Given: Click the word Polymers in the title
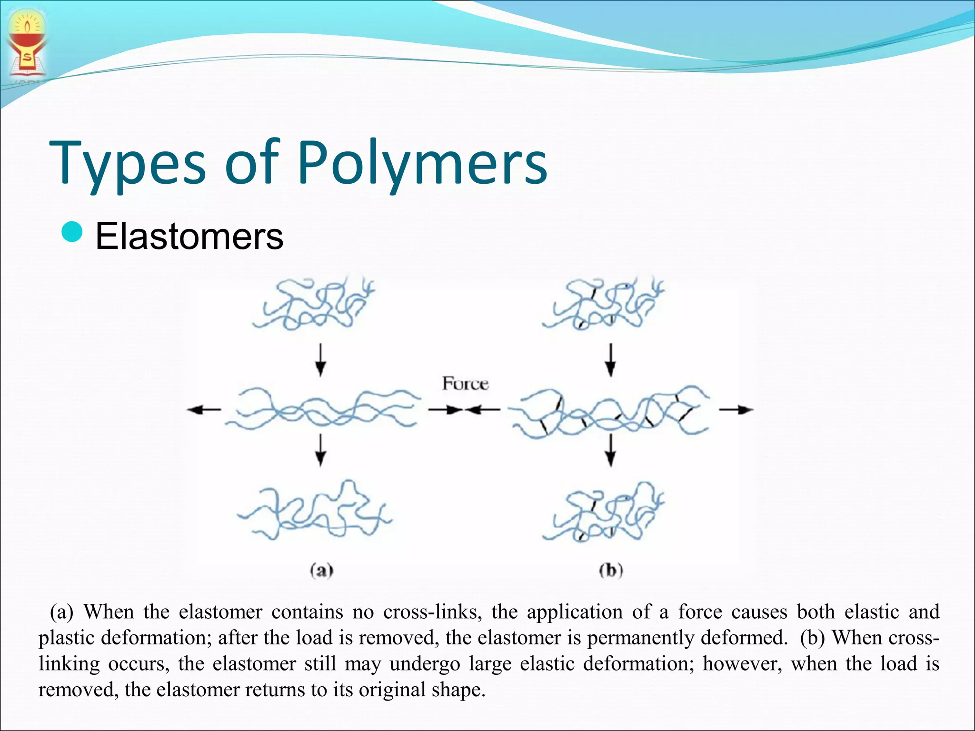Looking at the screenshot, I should click(423, 163).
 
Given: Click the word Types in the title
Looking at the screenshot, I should click(128, 163).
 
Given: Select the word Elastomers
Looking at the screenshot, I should click(189, 236).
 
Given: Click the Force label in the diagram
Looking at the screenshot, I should click(465, 384).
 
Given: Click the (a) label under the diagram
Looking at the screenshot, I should click(321, 570).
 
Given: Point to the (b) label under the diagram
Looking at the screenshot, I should click(611, 570).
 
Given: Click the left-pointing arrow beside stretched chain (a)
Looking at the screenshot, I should click(204, 409).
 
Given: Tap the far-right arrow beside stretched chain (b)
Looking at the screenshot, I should click(736, 409).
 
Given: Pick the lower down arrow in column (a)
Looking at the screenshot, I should click(321, 450).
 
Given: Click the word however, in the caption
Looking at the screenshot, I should click(742, 663).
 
